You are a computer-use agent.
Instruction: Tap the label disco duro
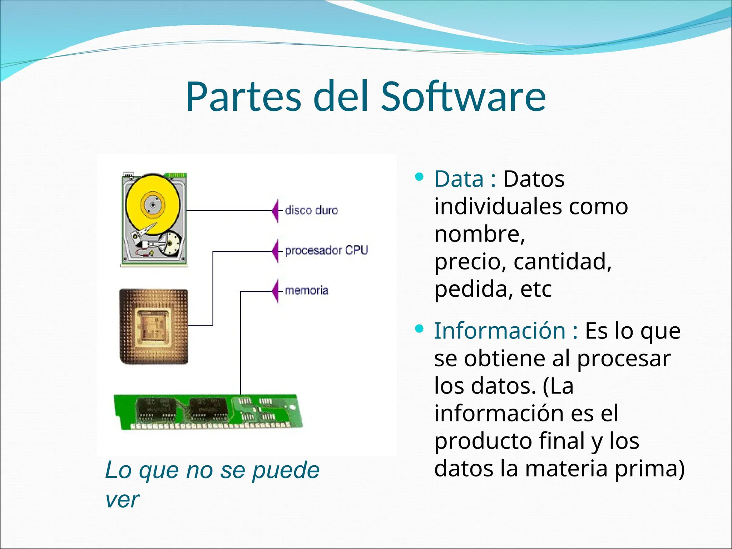(x=311, y=211)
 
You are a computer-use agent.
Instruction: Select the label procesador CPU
(x=326, y=251)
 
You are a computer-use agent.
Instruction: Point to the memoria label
(x=306, y=290)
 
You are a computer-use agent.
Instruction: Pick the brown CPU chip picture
(x=154, y=327)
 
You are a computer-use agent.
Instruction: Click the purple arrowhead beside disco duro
(x=275, y=211)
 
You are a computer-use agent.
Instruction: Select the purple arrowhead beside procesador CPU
(x=275, y=251)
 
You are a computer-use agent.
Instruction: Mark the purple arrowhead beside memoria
(x=275, y=291)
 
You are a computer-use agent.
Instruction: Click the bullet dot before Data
(x=419, y=177)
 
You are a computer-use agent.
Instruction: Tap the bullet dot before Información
(x=419, y=328)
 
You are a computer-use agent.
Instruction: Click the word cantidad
(x=562, y=262)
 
